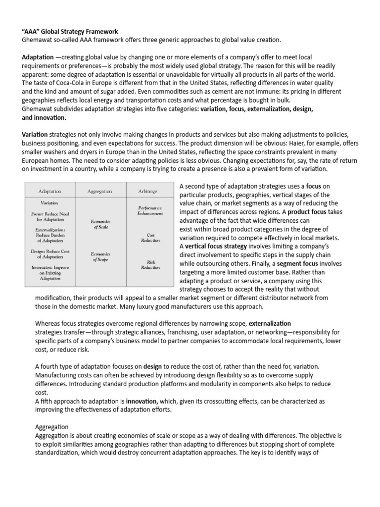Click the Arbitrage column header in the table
click(149, 191)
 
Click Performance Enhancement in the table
click(149, 210)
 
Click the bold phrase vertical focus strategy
click(214, 246)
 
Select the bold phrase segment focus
click(296, 264)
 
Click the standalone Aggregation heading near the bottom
click(52, 426)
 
